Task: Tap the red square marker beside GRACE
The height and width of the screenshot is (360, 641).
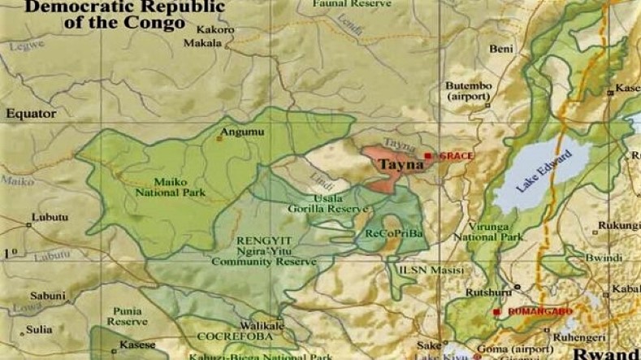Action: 428,155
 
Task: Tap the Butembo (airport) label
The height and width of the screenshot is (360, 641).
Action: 468,91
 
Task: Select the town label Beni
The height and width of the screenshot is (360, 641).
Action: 500,49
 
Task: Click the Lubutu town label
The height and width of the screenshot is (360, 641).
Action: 50,218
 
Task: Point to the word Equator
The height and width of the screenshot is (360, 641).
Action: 31,114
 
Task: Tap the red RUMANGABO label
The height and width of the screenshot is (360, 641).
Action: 539,311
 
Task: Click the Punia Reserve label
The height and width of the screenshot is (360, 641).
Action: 127,316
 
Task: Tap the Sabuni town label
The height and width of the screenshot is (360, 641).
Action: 48,296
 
